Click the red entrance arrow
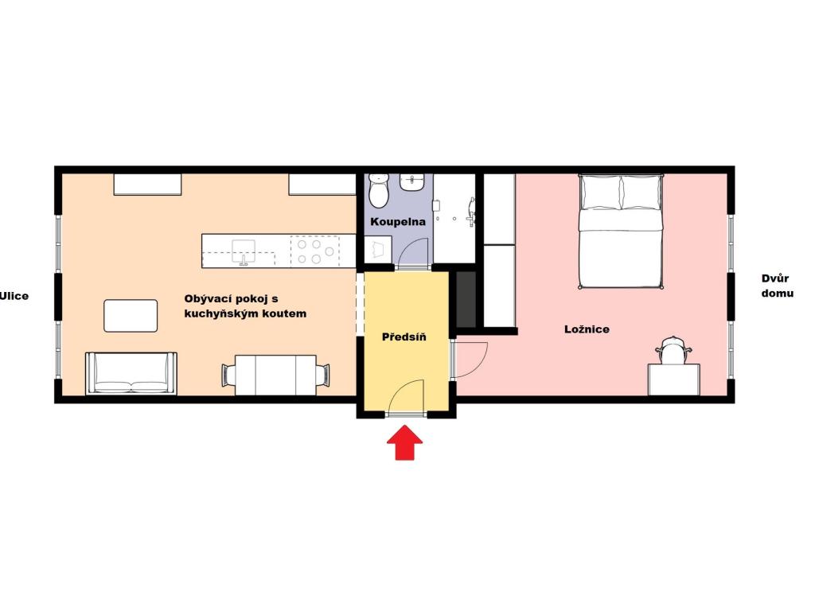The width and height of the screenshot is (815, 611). click(404, 443)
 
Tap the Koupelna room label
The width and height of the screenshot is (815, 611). click(398, 221)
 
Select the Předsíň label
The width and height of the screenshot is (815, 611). click(404, 337)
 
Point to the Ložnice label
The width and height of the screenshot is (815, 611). click(587, 329)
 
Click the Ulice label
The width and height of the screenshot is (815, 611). click(14, 296)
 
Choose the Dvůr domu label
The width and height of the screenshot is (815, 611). click(777, 286)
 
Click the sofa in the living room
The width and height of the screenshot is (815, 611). click(131, 373)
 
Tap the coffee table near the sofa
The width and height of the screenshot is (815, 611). click(131, 315)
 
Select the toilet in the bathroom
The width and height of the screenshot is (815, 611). click(378, 190)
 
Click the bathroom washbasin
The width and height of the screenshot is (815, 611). click(412, 184)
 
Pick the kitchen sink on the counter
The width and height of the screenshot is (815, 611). click(243, 251)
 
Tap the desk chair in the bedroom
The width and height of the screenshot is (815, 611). click(673, 350)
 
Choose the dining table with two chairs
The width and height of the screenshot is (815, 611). click(276, 374)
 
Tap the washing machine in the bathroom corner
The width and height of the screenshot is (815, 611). click(377, 249)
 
